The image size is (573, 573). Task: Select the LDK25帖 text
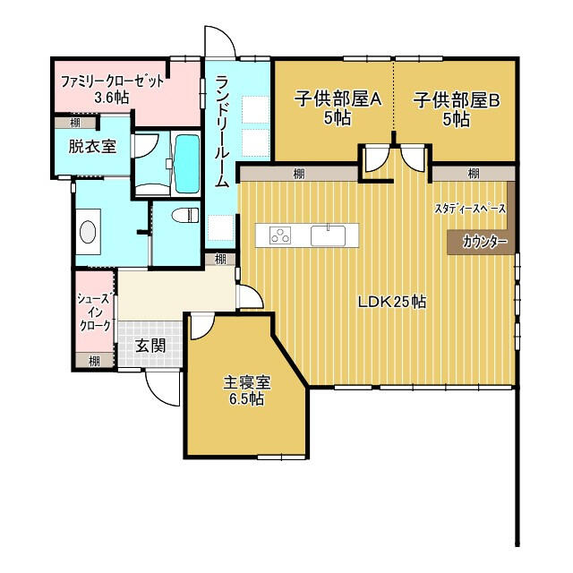[391, 302]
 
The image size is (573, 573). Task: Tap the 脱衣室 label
[92, 146]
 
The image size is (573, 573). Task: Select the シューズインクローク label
[93, 312]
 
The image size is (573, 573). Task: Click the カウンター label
[484, 243]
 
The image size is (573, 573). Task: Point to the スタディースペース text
[470, 209]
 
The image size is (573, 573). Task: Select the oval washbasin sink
[88, 231]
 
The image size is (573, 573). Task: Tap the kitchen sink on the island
[329, 235]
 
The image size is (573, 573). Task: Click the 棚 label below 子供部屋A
[294, 174]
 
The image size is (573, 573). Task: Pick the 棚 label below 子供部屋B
[473, 174]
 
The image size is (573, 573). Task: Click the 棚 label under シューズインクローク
[93, 360]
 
